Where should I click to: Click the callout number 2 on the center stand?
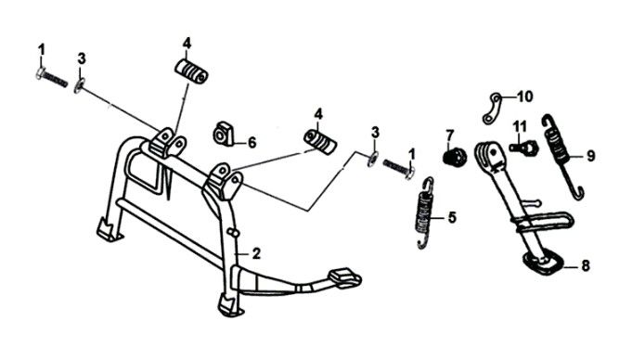point(256,253)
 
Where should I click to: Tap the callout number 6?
point(252,142)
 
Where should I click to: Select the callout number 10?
point(524,96)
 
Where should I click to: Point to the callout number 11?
point(520,127)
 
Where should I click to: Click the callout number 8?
point(586,265)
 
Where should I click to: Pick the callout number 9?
point(590,156)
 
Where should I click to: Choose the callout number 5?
point(452,218)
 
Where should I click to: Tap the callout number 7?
point(450,135)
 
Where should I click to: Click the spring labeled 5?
point(425,213)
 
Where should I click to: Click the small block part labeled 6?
point(224,133)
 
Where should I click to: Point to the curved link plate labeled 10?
point(491,109)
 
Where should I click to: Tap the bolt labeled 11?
point(523,148)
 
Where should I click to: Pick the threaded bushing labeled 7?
point(455,156)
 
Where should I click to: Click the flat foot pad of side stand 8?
point(543,263)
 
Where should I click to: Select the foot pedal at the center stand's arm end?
point(345,278)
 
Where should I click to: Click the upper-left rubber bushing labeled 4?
point(191,71)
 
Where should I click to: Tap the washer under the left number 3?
point(79,86)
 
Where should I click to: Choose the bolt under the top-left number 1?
point(52,78)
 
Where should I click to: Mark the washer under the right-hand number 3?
point(372,160)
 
